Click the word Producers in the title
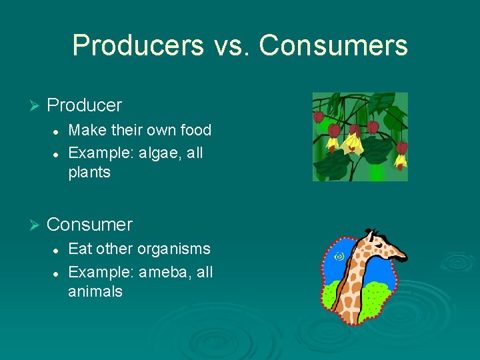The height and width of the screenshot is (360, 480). click(x=138, y=45)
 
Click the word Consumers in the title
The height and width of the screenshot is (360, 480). click(x=333, y=45)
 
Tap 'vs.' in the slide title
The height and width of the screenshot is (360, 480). click(x=233, y=45)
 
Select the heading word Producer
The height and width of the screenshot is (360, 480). click(x=85, y=105)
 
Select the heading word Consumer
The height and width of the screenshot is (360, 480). click(x=90, y=225)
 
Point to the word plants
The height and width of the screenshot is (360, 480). click(x=89, y=172)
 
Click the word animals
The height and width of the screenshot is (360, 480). click(x=95, y=291)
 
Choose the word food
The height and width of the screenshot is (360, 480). click(x=195, y=130)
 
